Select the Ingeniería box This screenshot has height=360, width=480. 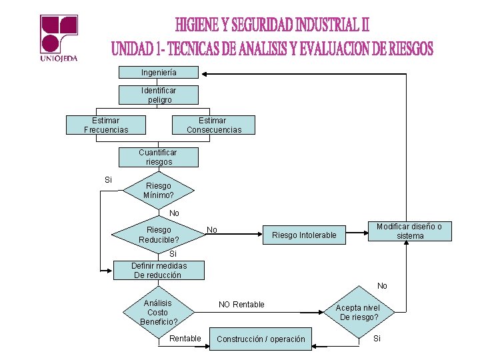159,72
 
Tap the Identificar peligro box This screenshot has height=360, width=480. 159,95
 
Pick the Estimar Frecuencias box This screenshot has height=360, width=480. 106,125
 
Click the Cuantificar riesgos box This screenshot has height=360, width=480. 159,157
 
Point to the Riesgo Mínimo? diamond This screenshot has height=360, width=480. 158,191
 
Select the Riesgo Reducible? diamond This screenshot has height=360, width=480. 158,235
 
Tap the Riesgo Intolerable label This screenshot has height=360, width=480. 304,235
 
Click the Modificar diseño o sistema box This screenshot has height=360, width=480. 409,231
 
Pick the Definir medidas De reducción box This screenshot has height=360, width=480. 159,270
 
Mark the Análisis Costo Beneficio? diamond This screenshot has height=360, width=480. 158,312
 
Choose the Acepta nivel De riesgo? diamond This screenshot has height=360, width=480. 359,312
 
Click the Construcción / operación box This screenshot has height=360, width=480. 261,339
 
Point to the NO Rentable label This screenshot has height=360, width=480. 241,305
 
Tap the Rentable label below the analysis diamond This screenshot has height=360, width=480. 185,339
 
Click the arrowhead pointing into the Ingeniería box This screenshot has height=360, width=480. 204,72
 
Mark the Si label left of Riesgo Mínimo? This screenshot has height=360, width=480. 109,180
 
